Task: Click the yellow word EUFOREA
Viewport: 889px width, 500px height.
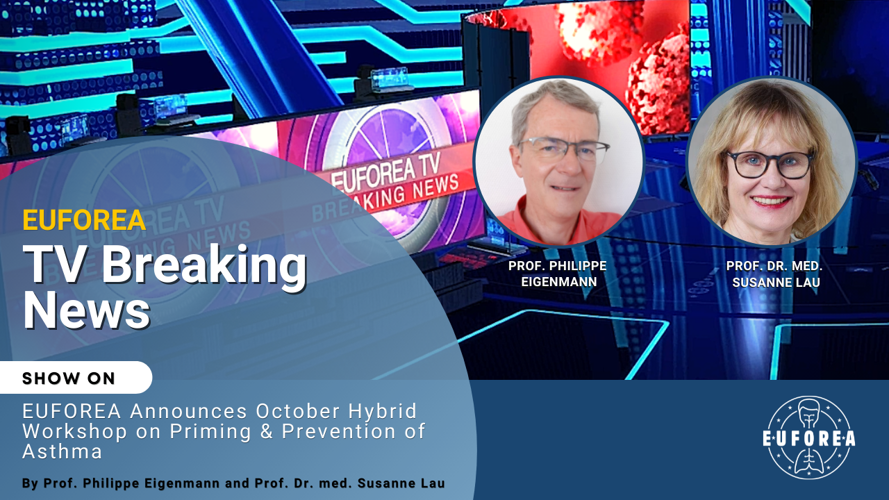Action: pos(84,220)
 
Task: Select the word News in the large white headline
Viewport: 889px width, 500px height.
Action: pos(87,310)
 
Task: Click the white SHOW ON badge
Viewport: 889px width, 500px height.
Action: pos(76,377)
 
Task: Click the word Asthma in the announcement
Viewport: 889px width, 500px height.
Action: pos(63,451)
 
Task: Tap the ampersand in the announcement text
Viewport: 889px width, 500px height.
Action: pos(266,431)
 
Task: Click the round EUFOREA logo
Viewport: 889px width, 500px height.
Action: pos(809,437)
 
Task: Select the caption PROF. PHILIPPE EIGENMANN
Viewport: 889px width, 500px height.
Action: pos(558,274)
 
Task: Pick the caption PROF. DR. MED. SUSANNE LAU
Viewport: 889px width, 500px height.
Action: pos(774,274)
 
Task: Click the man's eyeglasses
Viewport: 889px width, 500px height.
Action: pos(563,149)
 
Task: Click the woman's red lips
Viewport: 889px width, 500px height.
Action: pos(771,201)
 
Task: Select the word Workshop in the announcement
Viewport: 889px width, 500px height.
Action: pos(74,431)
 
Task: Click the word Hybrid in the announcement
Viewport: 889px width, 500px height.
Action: pos(383,411)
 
